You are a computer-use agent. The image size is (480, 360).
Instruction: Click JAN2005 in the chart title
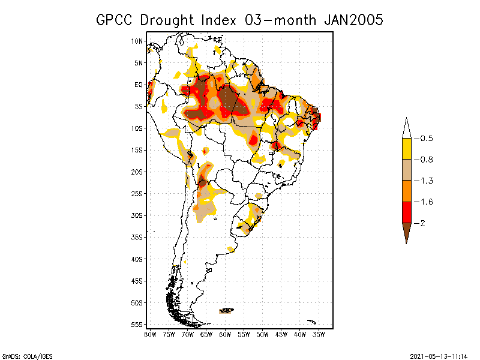pos(353,20)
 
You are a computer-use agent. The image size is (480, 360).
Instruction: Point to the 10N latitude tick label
pos(137,41)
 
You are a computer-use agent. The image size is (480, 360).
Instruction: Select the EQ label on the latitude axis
pos(138,85)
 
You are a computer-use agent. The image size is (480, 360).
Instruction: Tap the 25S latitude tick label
pos(137,194)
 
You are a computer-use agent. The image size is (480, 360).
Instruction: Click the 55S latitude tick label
pos(137,325)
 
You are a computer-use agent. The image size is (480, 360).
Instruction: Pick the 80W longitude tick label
pos(150,334)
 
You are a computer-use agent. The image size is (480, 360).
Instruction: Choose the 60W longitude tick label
pos(225,334)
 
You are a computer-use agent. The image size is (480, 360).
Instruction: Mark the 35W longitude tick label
pos(319,334)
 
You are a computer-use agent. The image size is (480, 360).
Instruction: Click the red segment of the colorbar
pos(406,212)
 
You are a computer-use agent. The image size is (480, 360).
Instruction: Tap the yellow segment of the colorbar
pos(406,149)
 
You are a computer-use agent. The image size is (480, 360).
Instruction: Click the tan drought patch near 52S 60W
pos(227,311)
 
